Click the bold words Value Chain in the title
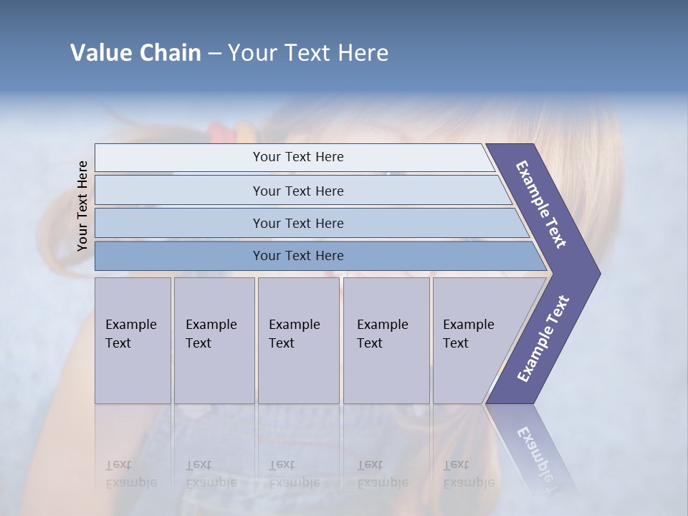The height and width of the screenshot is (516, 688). pos(135,53)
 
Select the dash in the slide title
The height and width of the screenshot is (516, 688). pos(214,53)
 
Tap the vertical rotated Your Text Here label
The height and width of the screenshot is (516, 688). pos(82,206)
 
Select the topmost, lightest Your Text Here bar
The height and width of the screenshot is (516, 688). pos(297,157)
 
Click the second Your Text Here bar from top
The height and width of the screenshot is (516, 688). pos(297,191)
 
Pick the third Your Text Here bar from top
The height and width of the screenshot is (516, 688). pos(297,223)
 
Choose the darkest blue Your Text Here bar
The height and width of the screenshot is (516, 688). pos(297,256)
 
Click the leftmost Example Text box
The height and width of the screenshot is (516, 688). pos(133,340)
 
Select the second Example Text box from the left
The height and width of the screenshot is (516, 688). pos(214,340)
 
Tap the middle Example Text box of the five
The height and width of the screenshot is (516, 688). pos(298,340)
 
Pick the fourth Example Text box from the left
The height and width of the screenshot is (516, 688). pos(386,340)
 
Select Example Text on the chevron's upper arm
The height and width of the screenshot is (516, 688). pos(541,204)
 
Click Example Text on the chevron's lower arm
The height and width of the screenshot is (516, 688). pos(543,338)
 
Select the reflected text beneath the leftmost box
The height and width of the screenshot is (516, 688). pos(130,474)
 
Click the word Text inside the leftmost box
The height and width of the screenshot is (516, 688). pos(118,343)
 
